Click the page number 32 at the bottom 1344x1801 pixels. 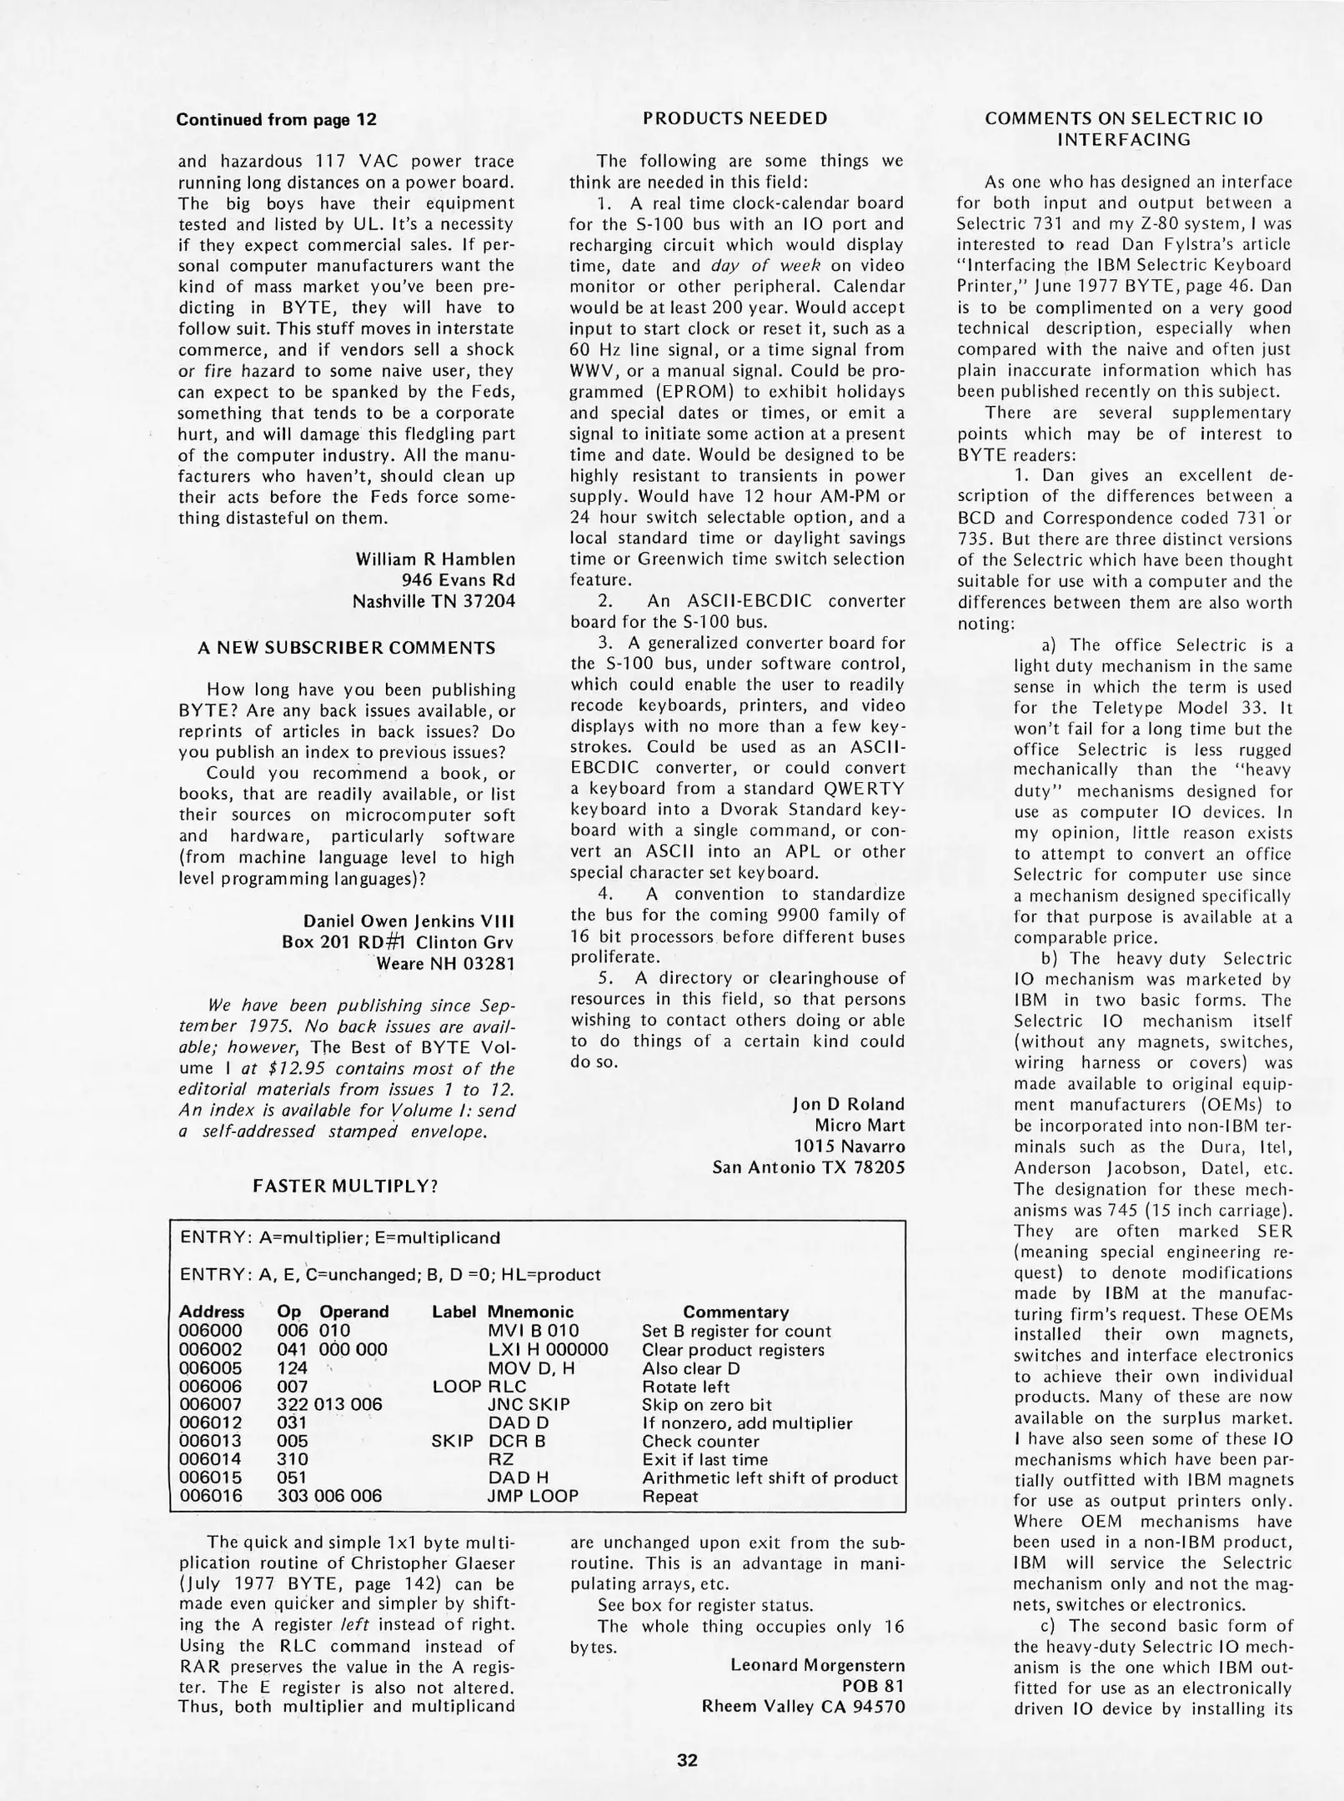(x=687, y=1761)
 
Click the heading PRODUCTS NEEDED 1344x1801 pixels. (x=735, y=118)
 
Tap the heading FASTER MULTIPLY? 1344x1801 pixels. (x=345, y=1186)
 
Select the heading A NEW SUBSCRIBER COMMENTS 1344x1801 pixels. (x=346, y=648)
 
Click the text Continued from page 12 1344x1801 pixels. (x=276, y=119)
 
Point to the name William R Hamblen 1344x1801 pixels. (x=435, y=559)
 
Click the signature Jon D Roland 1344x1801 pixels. (x=848, y=1104)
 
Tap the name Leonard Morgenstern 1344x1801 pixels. (x=817, y=1665)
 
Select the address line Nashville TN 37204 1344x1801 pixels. (x=434, y=601)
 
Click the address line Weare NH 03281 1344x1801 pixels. (x=445, y=964)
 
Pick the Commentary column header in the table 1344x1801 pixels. (x=735, y=1312)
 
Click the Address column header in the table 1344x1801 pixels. (x=212, y=1312)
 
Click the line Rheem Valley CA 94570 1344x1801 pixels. (x=803, y=1707)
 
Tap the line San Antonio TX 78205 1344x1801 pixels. (x=808, y=1167)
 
